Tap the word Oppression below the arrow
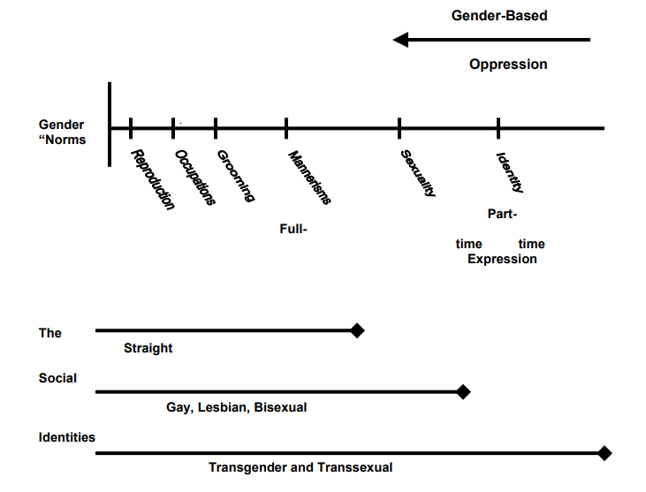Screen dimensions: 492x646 pyautogui.click(x=508, y=64)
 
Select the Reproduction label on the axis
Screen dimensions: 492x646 pyautogui.click(x=152, y=179)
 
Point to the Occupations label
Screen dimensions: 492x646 pyautogui.click(x=195, y=178)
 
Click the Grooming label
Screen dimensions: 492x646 pyautogui.click(x=236, y=176)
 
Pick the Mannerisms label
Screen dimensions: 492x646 pyautogui.click(x=310, y=177)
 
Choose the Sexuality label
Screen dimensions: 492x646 pyautogui.click(x=419, y=173)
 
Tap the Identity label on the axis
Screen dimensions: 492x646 pyautogui.click(x=511, y=172)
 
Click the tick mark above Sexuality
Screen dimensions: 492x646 pyautogui.click(x=399, y=128)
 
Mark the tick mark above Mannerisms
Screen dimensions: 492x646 pyautogui.click(x=286, y=128)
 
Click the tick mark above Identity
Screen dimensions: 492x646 pyautogui.click(x=498, y=128)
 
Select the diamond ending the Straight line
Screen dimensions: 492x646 pyautogui.click(x=357, y=330)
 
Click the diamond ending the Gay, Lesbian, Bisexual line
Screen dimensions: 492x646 pyautogui.click(x=463, y=391)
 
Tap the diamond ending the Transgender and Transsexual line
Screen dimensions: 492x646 pyautogui.click(x=604, y=453)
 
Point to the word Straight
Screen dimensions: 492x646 pyautogui.click(x=148, y=348)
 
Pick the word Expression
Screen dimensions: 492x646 pyautogui.click(x=502, y=259)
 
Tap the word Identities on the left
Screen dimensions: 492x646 pyautogui.click(x=67, y=437)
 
